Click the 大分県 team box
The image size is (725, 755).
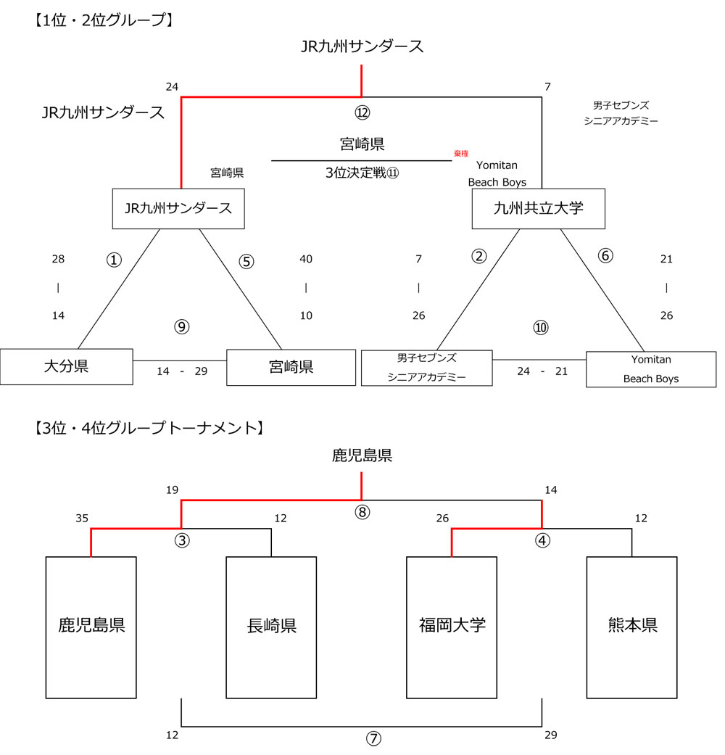(x=66, y=367)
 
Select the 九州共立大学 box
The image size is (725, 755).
(x=538, y=208)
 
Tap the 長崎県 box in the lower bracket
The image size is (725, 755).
(x=271, y=627)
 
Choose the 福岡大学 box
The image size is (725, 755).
(x=452, y=627)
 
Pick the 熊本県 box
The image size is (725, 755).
(x=631, y=627)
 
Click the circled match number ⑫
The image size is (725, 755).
(x=362, y=113)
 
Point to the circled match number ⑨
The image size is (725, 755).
(x=181, y=327)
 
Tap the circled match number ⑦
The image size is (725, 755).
(x=373, y=738)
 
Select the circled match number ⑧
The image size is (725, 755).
(x=362, y=512)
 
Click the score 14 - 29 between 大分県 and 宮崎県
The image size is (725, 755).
(x=181, y=371)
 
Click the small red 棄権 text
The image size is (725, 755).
(x=461, y=153)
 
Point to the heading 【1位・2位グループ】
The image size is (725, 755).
(x=102, y=20)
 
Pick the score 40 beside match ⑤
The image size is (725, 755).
(x=306, y=259)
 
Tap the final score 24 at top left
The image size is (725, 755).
(x=172, y=87)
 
